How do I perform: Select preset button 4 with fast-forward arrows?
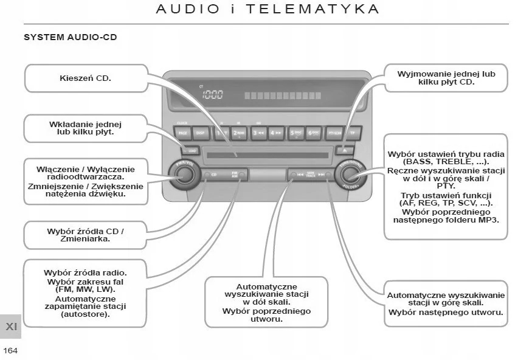tap(276, 132)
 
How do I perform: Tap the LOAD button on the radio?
tap(190, 150)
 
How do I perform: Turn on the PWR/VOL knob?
tap(183, 174)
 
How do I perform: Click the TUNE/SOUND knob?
tap(350, 175)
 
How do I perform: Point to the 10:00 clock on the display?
tap(212, 95)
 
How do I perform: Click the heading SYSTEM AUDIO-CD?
tap(70, 38)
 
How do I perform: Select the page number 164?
tap(10, 350)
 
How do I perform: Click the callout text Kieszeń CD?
tap(85, 78)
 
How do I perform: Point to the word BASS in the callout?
tap(415, 163)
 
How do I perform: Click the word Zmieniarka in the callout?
tap(85, 240)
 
